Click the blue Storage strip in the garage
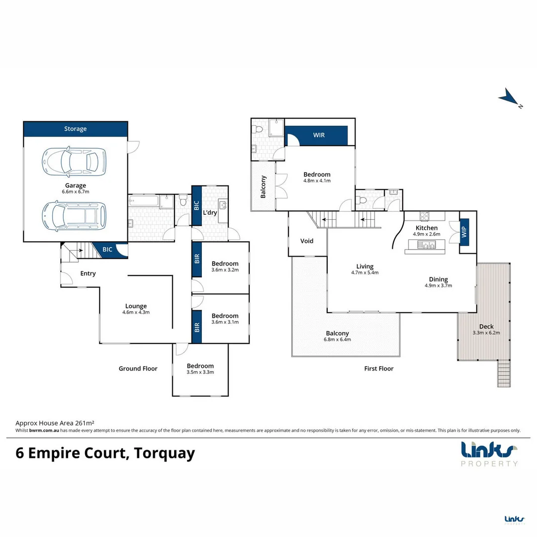click(x=75, y=129)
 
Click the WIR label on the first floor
click(x=319, y=135)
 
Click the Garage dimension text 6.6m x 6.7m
click(x=75, y=191)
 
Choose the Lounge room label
click(x=136, y=306)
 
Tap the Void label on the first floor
click(x=307, y=241)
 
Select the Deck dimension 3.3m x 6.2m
click(x=486, y=333)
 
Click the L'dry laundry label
click(x=209, y=213)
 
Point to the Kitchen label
click(x=427, y=228)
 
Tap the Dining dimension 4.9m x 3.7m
click(x=438, y=285)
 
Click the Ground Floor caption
click(x=138, y=368)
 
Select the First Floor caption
click(x=378, y=368)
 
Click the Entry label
click(x=88, y=273)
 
